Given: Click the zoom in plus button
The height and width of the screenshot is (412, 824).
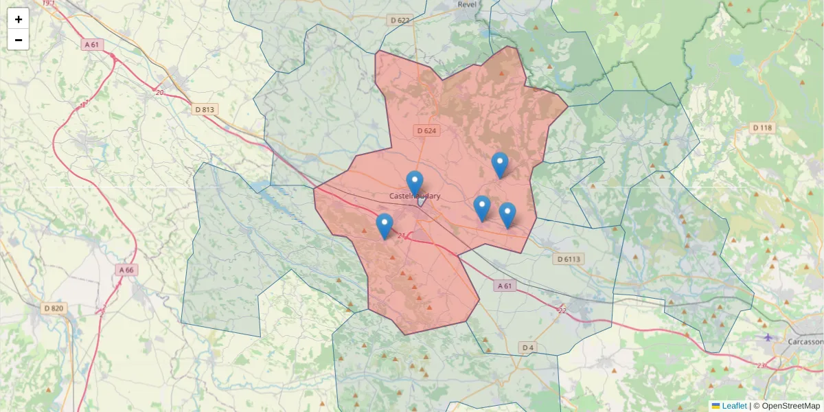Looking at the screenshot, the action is pyautogui.click(x=19, y=19).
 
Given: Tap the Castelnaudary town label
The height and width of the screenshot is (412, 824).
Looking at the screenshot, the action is pyautogui.click(x=415, y=196).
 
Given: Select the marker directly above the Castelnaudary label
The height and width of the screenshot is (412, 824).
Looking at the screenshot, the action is pyautogui.click(x=415, y=183).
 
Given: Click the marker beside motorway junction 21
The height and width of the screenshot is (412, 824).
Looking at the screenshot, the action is pyautogui.click(x=385, y=225).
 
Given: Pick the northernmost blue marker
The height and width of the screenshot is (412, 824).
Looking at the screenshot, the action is pyautogui.click(x=500, y=164).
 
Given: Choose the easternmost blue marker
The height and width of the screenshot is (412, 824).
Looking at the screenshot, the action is pyautogui.click(x=507, y=214).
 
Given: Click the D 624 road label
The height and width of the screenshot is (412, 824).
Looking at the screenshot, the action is pyautogui.click(x=426, y=130).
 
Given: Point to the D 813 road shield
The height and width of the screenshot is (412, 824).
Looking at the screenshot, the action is pyautogui.click(x=205, y=109).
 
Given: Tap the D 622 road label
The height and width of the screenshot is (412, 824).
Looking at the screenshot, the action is pyautogui.click(x=400, y=21).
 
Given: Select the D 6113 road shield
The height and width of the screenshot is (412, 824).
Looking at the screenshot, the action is pyautogui.click(x=569, y=259).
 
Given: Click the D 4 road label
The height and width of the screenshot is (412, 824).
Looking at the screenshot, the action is pyautogui.click(x=527, y=347).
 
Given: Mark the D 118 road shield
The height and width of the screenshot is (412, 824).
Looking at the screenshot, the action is pyautogui.click(x=762, y=128).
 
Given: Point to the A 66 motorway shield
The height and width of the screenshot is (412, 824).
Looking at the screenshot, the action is pyautogui.click(x=126, y=270).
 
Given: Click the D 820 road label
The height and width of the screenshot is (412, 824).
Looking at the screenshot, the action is pyautogui.click(x=53, y=308).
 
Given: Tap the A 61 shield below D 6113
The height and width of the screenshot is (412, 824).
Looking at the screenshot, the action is pyautogui.click(x=505, y=286).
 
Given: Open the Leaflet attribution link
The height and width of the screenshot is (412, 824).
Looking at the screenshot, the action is pyautogui.click(x=733, y=406).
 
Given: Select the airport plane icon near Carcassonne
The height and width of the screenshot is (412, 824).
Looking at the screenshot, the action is pyautogui.click(x=768, y=336).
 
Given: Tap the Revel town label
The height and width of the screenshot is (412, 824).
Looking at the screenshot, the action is pyautogui.click(x=467, y=4).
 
